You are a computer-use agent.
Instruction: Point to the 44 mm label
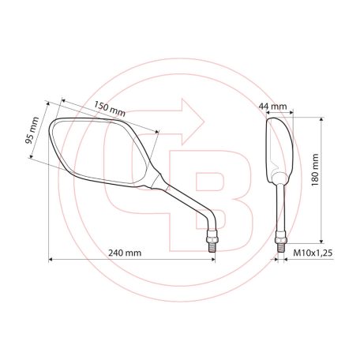(277, 104)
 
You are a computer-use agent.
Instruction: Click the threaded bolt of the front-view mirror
(212, 238)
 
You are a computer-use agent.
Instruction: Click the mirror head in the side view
(281, 146)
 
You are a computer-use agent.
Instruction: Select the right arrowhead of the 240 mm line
(212, 258)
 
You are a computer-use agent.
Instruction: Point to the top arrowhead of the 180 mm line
(321, 118)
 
